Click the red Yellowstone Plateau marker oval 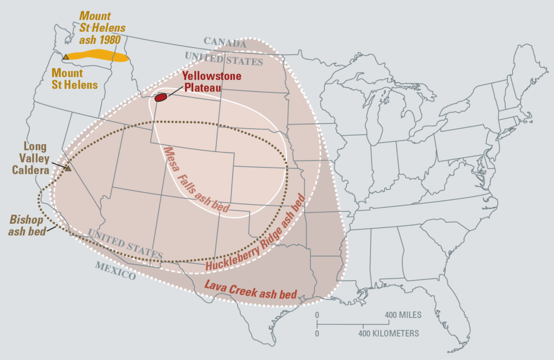click(x=161, y=97)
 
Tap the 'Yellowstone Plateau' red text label click(x=211, y=82)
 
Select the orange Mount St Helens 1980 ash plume click(x=97, y=55)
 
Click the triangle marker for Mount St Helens click(x=65, y=57)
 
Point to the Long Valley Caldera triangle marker click(x=69, y=169)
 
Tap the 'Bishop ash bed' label click(x=27, y=225)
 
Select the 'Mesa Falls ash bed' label click(x=196, y=182)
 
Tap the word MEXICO click(x=115, y=270)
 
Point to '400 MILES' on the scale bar click(x=403, y=315)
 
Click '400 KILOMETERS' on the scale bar click(x=388, y=333)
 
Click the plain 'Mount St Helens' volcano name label click(x=74, y=79)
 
